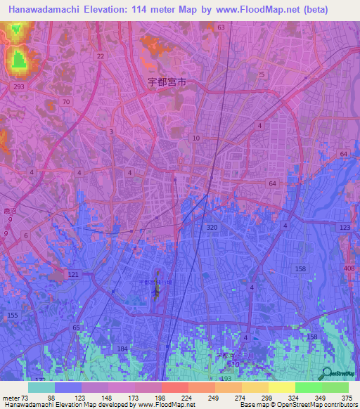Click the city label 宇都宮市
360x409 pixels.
click(x=167, y=82)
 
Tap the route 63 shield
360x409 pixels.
click(x=221, y=27)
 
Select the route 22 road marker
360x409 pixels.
click(x=101, y=56)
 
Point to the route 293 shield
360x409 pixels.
click(x=18, y=86)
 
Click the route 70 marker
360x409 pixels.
click(x=66, y=102)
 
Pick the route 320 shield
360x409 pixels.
click(x=212, y=228)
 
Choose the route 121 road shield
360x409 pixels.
click(x=74, y=275)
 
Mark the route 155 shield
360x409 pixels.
click(x=13, y=317)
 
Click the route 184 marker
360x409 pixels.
click(x=123, y=349)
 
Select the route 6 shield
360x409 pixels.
click(x=25, y=236)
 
